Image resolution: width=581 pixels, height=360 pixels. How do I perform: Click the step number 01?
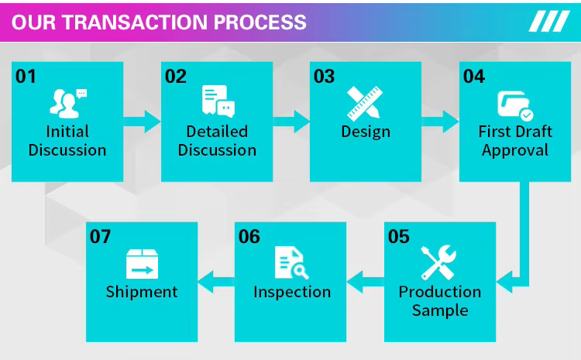(26, 76)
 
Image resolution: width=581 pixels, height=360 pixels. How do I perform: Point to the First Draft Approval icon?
(515, 105)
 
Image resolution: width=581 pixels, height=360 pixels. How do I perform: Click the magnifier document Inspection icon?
(291, 263)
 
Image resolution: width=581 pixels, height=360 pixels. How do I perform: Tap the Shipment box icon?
(142, 263)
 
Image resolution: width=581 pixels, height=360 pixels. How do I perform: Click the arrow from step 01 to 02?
(142, 121)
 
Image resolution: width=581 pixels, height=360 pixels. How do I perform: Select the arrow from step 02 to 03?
(291, 121)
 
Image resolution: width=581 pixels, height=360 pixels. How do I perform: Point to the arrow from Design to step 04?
(440, 121)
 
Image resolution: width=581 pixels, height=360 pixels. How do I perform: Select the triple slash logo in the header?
(548, 22)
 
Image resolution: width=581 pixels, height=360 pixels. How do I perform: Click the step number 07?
(101, 236)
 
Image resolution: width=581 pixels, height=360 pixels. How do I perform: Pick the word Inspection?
(292, 292)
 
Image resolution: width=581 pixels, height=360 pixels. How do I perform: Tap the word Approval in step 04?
(515, 150)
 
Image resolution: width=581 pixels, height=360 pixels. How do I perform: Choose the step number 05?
(399, 236)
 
